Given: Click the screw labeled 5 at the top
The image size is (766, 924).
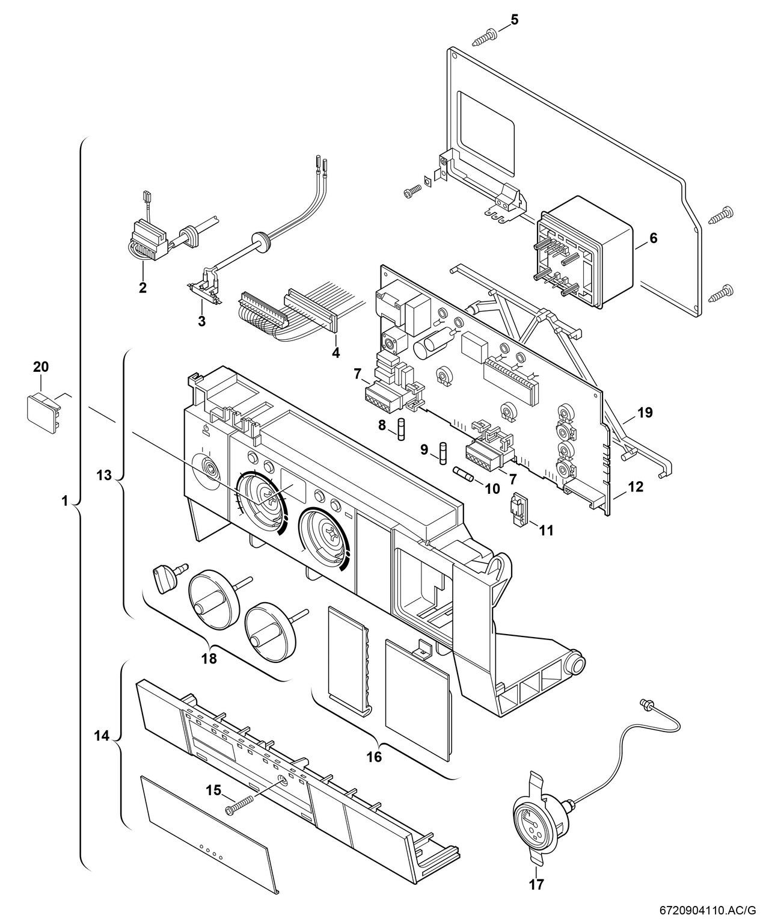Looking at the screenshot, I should (484, 37).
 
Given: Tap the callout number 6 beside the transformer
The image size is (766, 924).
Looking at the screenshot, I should (653, 238).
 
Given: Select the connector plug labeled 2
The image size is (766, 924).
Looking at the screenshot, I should (146, 245).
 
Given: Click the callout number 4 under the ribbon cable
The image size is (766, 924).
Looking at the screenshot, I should (336, 353).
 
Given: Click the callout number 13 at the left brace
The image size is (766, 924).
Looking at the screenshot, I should (104, 475).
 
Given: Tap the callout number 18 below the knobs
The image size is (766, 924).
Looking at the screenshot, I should (209, 658).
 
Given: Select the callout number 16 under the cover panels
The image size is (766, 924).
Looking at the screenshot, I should (374, 757).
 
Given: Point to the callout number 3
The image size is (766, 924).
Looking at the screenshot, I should (201, 321).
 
